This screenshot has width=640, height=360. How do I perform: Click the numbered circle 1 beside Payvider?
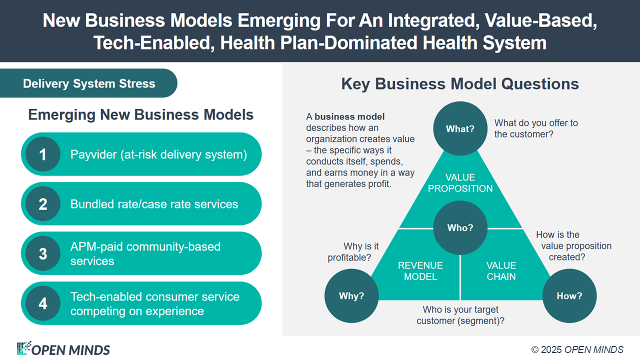43,154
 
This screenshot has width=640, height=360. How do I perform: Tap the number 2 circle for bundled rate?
43,204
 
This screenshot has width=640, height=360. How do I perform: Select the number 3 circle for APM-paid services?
43,253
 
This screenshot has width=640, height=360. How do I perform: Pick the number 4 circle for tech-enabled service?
43,303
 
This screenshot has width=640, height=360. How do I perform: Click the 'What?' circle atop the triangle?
460,128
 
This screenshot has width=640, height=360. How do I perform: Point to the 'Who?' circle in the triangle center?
460,227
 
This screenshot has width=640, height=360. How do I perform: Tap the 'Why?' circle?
351,295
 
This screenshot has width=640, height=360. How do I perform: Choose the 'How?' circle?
569,295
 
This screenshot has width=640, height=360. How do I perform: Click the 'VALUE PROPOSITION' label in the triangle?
460,183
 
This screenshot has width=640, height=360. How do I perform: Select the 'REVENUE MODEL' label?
420,271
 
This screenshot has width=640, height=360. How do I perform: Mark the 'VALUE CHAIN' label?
501,271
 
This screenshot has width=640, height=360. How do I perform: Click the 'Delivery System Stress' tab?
89,83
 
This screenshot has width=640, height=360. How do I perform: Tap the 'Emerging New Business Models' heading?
140,114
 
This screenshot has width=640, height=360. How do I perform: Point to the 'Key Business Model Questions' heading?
460,83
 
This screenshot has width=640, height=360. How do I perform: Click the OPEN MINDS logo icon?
24,348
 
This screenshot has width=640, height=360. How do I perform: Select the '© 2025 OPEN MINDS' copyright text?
577,349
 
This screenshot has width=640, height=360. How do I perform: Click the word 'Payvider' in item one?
93,154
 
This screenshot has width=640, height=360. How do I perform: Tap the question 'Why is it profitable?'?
353,252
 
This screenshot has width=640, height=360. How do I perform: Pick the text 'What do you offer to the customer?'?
536,128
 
